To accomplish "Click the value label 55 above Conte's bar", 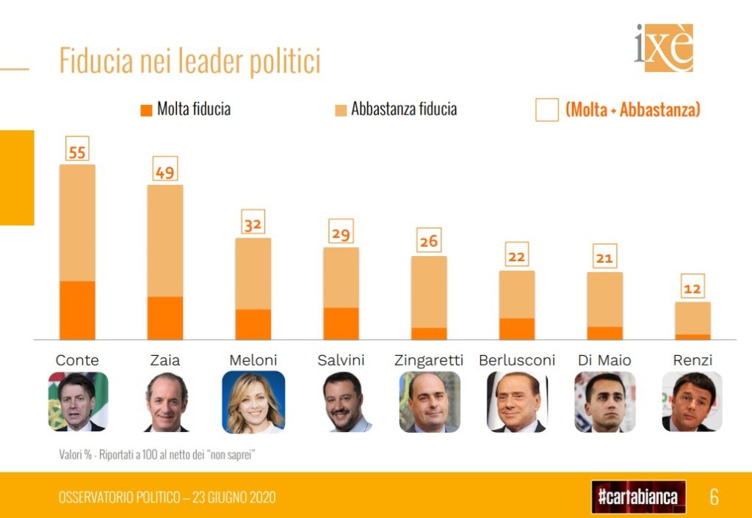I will tap(77, 151).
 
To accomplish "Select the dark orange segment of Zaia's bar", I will tap(165, 318).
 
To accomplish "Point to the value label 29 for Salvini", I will tap(341, 233).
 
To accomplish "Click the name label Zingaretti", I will tap(429, 360).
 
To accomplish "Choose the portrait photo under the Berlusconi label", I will tap(517, 401).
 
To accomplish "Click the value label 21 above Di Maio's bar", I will tap(605, 257).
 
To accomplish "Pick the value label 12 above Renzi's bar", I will tap(693, 288).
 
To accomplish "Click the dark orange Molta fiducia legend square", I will tap(145, 111).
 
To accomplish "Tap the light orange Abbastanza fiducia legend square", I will tap(341, 111).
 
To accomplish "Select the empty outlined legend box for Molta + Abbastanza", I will tap(547, 110).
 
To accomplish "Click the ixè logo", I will tap(664, 48).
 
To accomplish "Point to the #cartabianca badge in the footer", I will tap(638, 497).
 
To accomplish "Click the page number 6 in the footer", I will tap(714, 497).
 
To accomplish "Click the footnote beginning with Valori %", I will tap(157, 455).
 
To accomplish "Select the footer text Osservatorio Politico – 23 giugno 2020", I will tap(167, 497).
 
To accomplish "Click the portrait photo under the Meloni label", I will tap(253, 401).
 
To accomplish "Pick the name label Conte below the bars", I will tap(77, 360).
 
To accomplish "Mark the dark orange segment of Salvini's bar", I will tap(341, 324).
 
